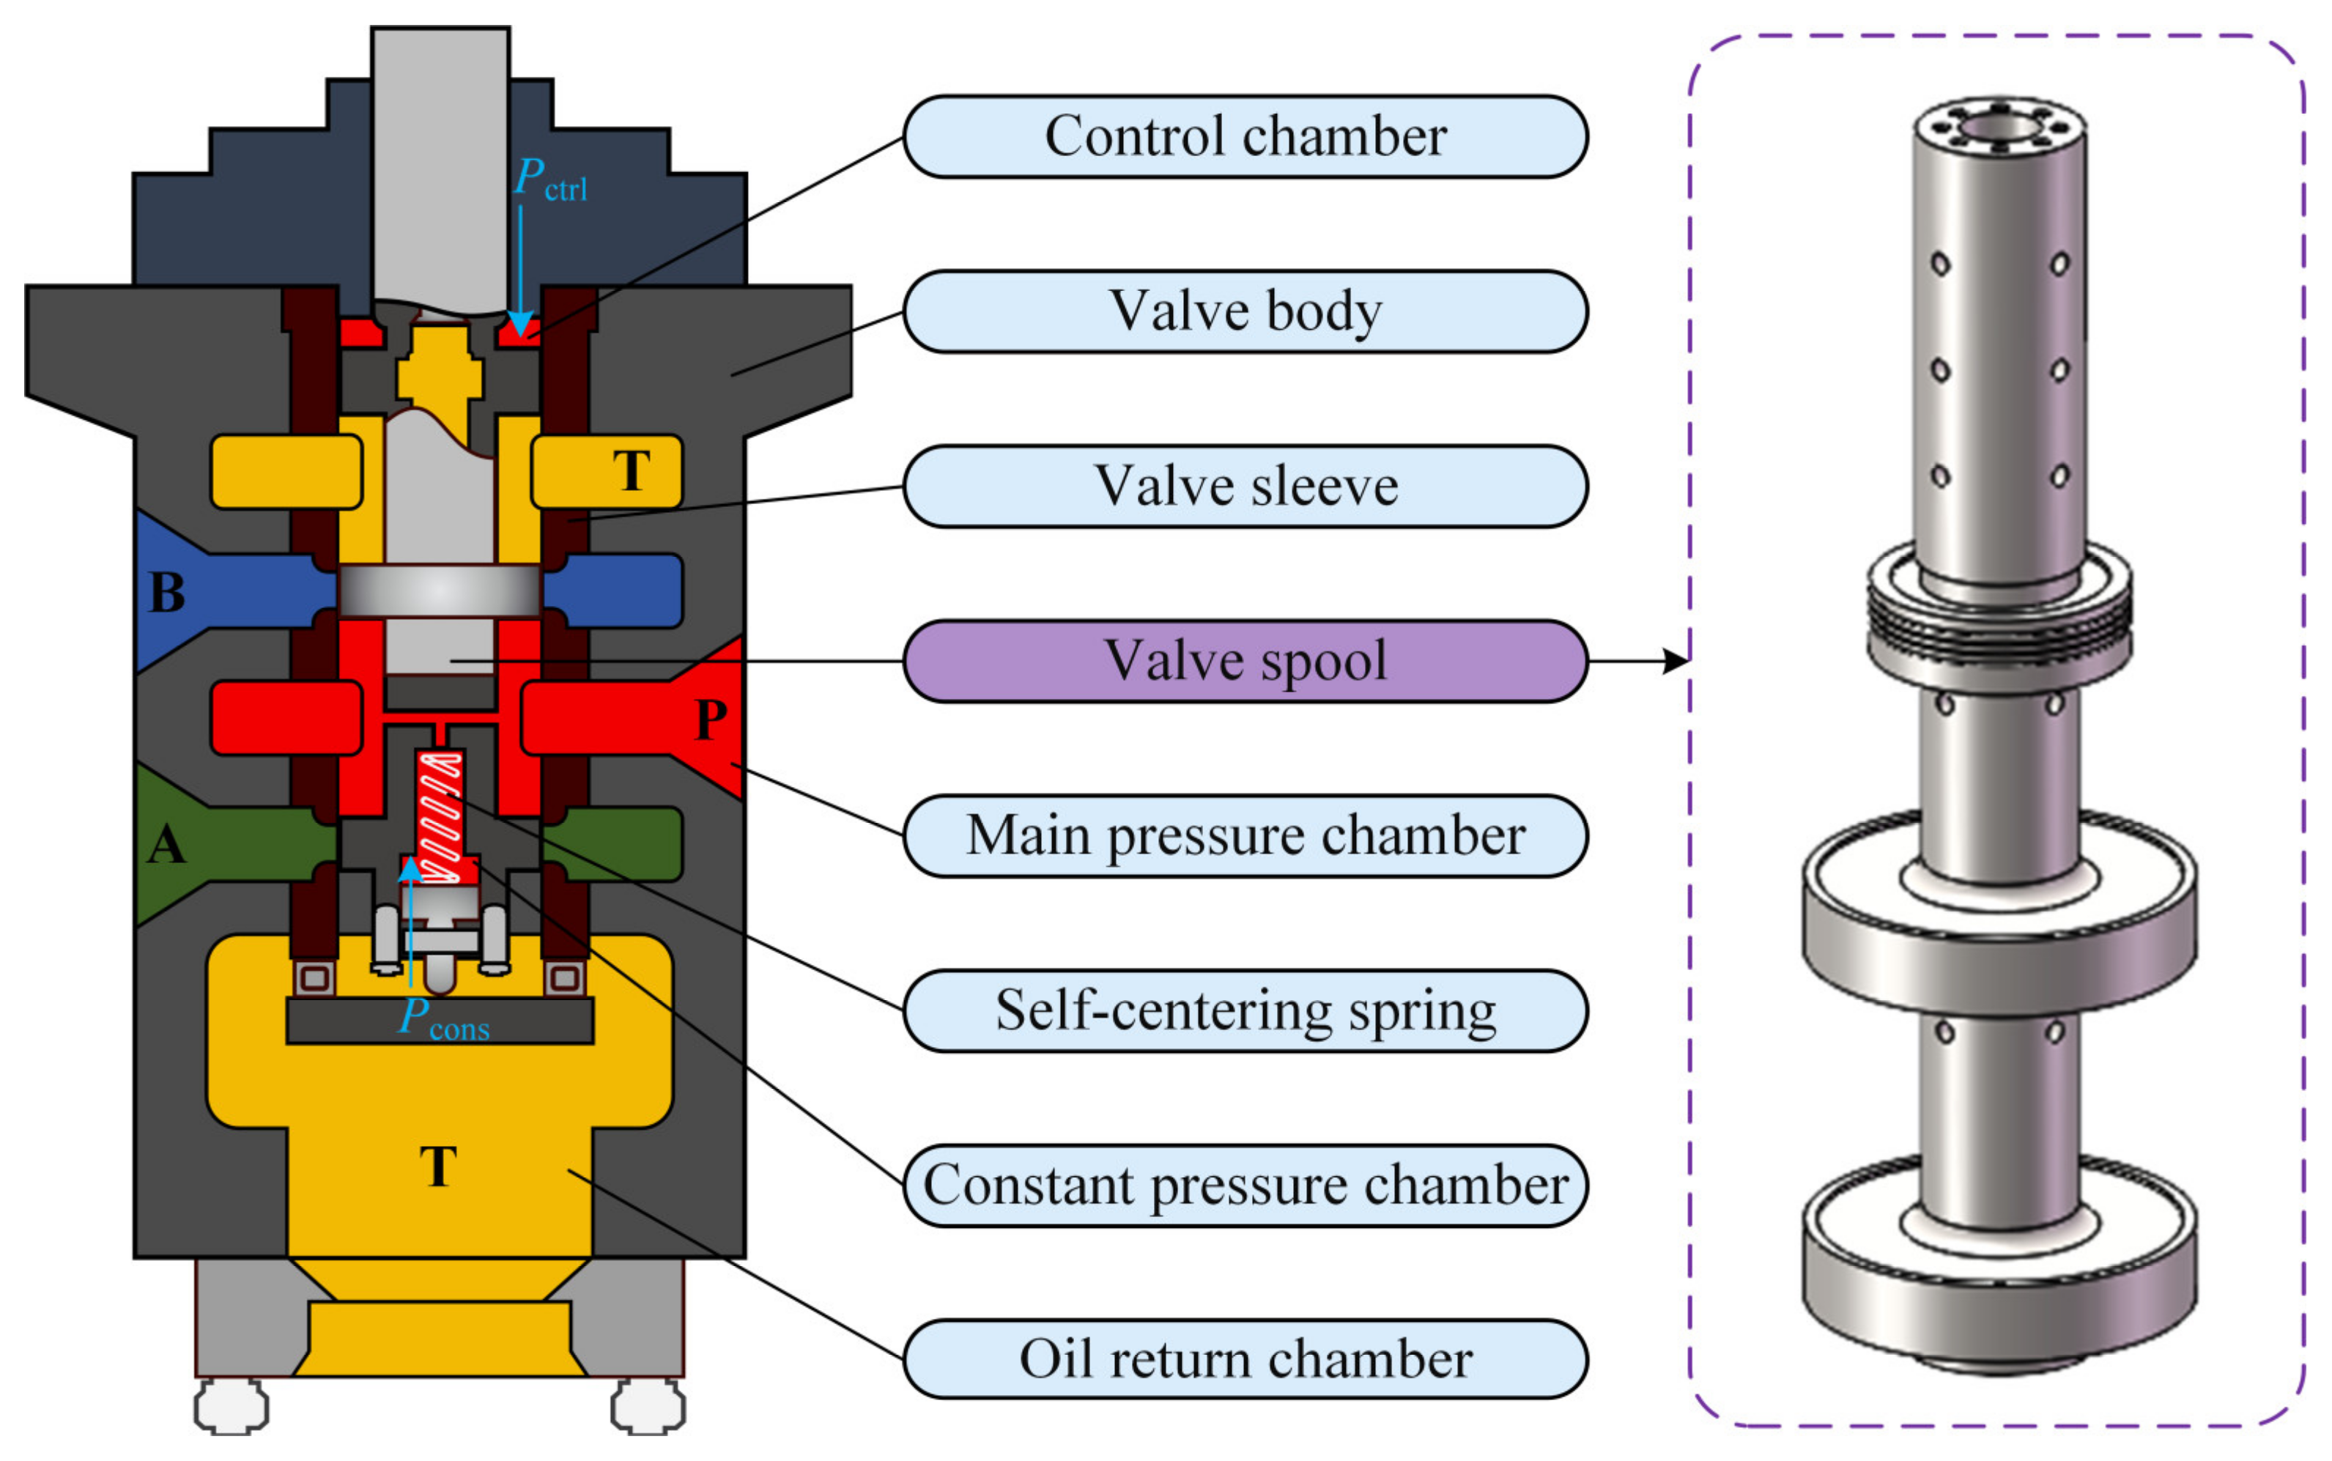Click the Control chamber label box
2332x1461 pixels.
pos(1245,136)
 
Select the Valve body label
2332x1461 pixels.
pos(1245,311)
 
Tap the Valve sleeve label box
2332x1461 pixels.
pos(1245,486)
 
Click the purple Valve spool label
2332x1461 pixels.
pos(1245,661)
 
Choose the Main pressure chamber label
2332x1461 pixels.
pos(1245,836)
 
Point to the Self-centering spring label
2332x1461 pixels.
pos(1245,1010)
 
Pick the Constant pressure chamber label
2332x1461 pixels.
pos(1245,1186)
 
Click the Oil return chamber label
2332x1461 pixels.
pos(1245,1360)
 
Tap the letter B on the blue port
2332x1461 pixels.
pos(167,592)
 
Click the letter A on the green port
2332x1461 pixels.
pos(166,845)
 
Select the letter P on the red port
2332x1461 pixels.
pos(711,719)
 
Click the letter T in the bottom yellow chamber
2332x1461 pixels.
pos(439,1166)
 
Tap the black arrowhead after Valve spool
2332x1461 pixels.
pos(1675,661)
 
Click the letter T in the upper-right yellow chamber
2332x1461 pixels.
pos(632,470)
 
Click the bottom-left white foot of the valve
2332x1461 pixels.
pos(232,1407)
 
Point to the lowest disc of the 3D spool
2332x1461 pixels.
pos(1999,1266)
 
